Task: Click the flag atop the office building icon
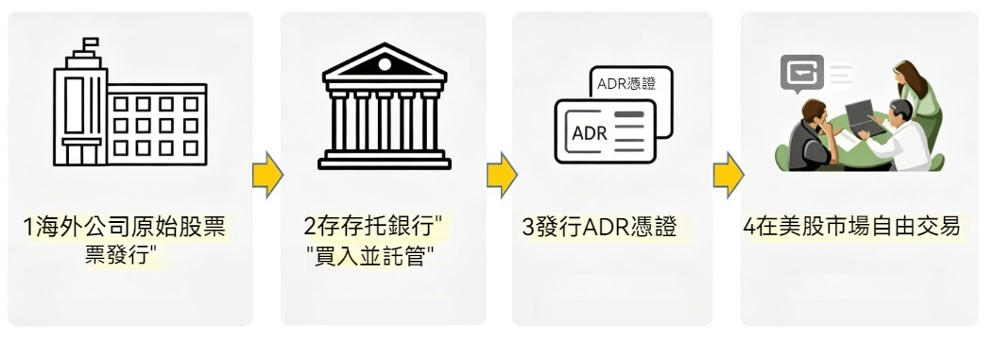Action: [91, 43]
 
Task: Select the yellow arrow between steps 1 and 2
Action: [267, 175]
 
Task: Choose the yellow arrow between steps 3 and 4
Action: [728, 175]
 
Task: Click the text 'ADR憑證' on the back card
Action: [626, 84]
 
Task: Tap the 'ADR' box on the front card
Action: [590, 133]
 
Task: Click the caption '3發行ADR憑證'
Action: [599, 228]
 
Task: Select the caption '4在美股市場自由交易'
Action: [851, 227]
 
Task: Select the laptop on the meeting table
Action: [862, 118]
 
